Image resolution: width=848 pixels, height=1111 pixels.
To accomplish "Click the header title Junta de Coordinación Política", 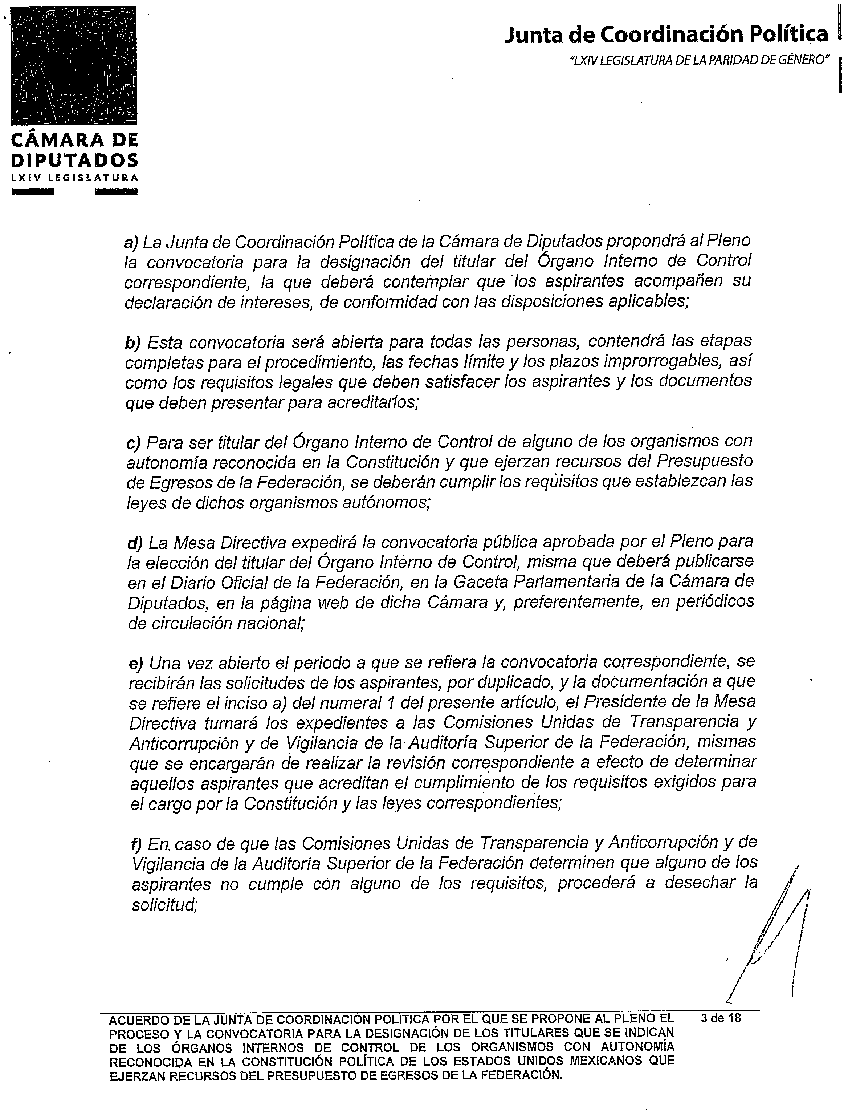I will tap(666, 35).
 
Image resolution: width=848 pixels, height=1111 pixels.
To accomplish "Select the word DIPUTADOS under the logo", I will tap(74, 160).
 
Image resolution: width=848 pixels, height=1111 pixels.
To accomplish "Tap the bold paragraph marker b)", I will tap(133, 343).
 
